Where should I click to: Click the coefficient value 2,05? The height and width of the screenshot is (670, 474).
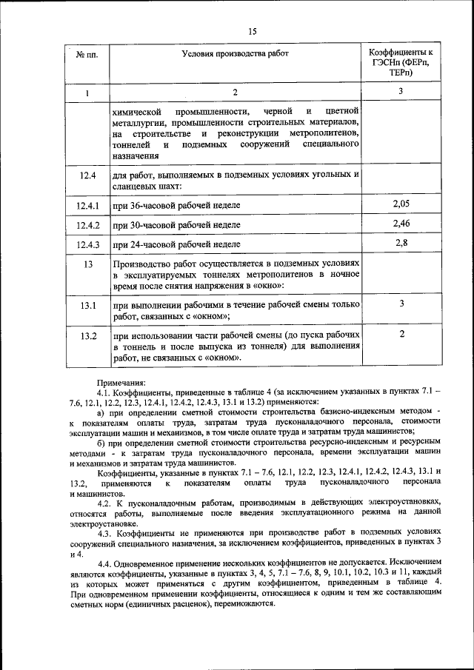point(401,203)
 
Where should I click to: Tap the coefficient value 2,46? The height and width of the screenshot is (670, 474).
point(401,223)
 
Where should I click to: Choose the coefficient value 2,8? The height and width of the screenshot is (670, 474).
point(401,243)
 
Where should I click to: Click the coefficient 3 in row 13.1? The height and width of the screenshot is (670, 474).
point(401,304)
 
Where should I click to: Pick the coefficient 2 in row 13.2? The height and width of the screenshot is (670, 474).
point(401,335)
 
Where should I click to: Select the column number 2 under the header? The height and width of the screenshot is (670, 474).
point(235,93)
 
